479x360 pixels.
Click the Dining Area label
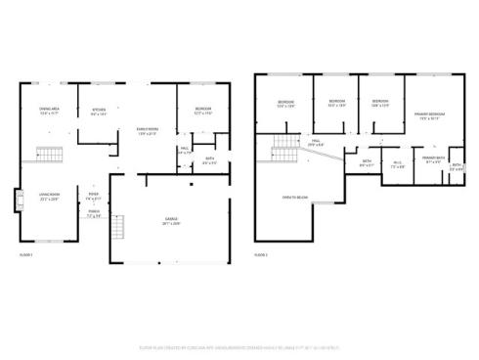pyautogui.click(x=48, y=110)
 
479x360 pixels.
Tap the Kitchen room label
pyautogui.click(x=99, y=112)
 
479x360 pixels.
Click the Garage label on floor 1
pyautogui.click(x=172, y=219)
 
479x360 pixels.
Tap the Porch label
pyautogui.click(x=94, y=213)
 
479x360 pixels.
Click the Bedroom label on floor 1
pyautogui.click(x=203, y=112)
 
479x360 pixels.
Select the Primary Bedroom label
pyautogui.click(x=429, y=115)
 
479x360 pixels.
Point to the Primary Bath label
pyautogui.click(x=433, y=158)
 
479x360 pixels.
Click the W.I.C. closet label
pyautogui.click(x=397, y=164)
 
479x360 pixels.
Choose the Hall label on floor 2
pyautogui.click(x=316, y=143)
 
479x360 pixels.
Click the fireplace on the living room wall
pyautogui.click(x=18, y=200)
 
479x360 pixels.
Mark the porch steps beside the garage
pyautogui.click(x=118, y=231)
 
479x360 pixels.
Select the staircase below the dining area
pyautogui.click(x=49, y=154)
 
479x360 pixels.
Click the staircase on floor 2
pyautogui.click(x=283, y=148)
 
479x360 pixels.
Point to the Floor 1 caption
pyautogui.click(x=26, y=254)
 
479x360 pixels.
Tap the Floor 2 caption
pyautogui.click(x=261, y=254)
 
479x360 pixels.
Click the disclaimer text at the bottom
pyautogui.click(x=239, y=345)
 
